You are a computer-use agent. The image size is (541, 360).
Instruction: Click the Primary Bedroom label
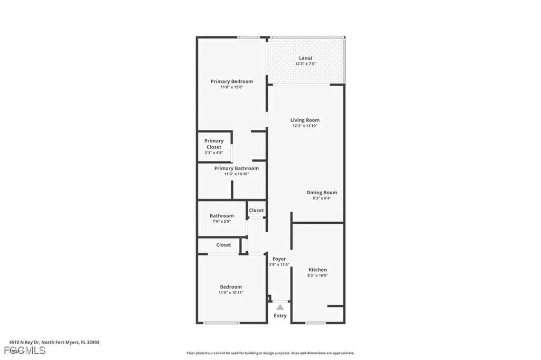pyautogui.click(x=231, y=81)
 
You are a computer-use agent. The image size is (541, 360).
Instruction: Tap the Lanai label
pyautogui.click(x=305, y=58)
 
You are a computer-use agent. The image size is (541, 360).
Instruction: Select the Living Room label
pyautogui.click(x=305, y=120)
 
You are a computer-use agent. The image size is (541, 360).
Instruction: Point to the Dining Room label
pyautogui.click(x=322, y=193)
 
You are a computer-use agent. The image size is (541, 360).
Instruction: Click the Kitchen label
pyautogui.click(x=318, y=270)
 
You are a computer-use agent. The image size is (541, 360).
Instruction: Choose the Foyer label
pyautogui.click(x=279, y=259)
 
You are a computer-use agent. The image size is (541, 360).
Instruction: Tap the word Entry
pyautogui.click(x=280, y=316)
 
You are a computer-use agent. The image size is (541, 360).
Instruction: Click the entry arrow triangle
pyautogui.click(x=280, y=307)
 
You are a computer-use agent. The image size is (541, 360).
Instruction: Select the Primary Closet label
pyautogui.click(x=214, y=144)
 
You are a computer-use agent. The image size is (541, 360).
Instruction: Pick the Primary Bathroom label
pyautogui.click(x=236, y=168)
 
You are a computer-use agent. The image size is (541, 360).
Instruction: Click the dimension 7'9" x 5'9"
pyautogui.click(x=221, y=221)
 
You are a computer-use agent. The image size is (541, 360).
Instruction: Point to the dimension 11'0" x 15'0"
pyautogui.click(x=231, y=87)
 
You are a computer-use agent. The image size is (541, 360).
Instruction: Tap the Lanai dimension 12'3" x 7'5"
pyautogui.click(x=305, y=64)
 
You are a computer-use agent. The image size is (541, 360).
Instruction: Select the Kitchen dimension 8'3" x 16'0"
pyautogui.click(x=318, y=276)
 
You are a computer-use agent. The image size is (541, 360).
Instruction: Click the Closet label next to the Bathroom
pyautogui.click(x=256, y=210)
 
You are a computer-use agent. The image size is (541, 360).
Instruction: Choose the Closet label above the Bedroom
pyautogui.click(x=223, y=245)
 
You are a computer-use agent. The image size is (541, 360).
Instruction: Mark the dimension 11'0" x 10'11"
pyautogui.click(x=231, y=292)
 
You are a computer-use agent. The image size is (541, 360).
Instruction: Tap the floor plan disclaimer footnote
pyautogui.click(x=270, y=353)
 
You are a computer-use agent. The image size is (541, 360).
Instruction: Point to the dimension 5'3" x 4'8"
pyautogui.click(x=214, y=153)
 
